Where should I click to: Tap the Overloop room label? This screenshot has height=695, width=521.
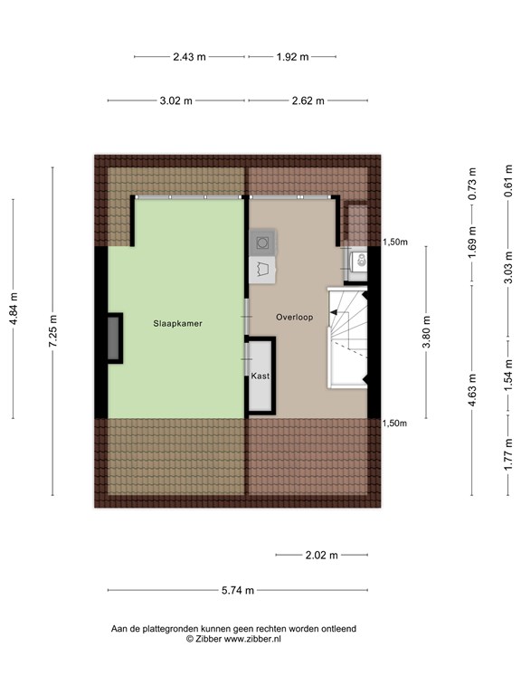point(295,317)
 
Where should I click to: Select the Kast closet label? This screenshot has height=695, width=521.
point(260,376)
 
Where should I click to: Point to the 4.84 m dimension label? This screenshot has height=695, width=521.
point(14,309)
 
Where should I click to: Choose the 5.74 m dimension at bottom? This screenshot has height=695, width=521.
point(238,591)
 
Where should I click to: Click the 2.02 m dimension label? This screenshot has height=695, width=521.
point(320,555)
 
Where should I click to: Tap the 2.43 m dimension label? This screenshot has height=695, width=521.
point(189,56)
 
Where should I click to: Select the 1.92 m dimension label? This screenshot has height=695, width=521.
point(292,56)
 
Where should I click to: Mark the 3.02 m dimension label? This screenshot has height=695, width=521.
point(175,100)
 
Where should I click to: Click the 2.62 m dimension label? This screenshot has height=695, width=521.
point(308,100)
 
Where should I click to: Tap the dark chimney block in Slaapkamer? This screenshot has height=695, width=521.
point(115,338)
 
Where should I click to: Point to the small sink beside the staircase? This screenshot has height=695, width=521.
point(359,261)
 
